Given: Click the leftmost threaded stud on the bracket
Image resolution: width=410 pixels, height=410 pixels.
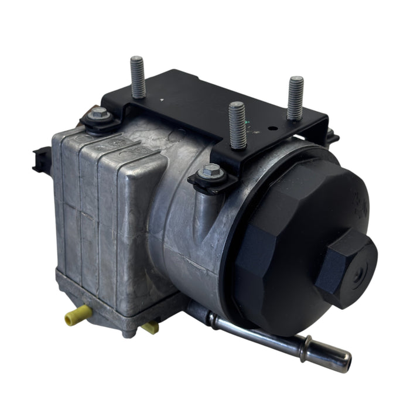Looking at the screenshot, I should [x=138, y=77].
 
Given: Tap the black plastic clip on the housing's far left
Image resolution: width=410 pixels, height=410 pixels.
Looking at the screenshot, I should [x=40, y=159].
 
